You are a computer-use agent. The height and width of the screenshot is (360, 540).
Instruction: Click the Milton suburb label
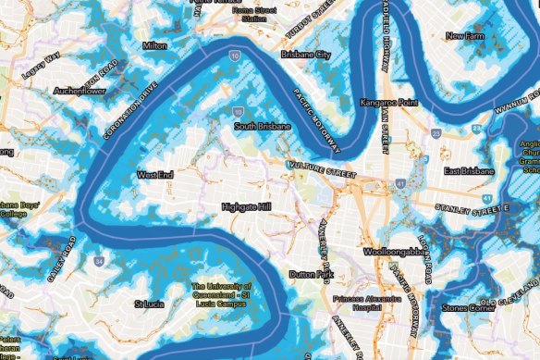[x=154, y=44]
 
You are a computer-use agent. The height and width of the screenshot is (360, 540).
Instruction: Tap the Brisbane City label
[x=310, y=56]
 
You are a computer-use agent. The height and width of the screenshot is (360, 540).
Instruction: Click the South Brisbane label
[x=258, y=127]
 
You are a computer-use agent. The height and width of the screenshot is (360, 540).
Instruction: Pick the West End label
[x=154, y=173]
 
